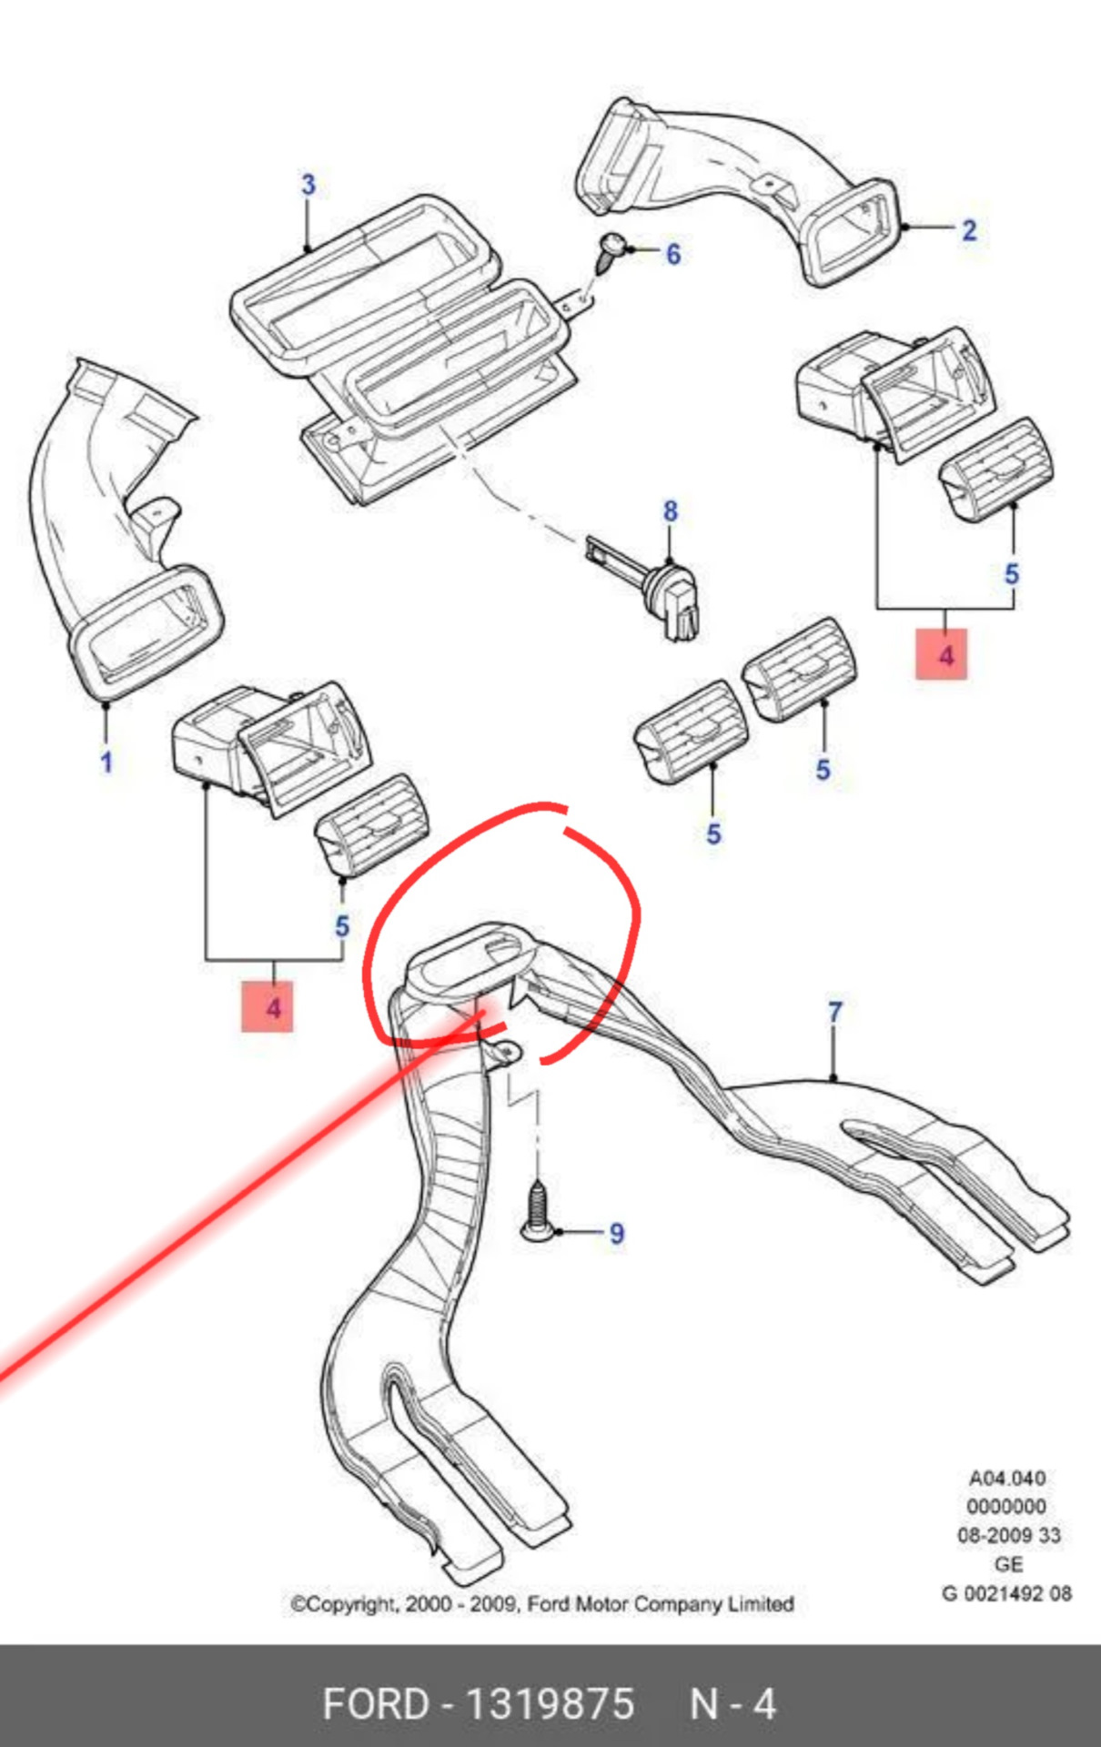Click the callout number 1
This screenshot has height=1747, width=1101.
[x=106, y=762]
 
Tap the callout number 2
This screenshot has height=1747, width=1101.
[x=969, y=230]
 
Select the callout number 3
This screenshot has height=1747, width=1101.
[x=308, y=185]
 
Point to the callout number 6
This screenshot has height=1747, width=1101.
[x=673, y=254]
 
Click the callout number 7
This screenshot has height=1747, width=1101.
[x=835, y=1012]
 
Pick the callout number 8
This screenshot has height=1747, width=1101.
[x=671, y=511]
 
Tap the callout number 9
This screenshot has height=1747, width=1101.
[x=617, y=1234]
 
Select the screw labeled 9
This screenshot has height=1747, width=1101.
[x=538, y=1211]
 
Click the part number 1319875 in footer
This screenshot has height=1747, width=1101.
[x=550, y=1704]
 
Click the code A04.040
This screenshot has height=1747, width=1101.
[x=1006, y=1479]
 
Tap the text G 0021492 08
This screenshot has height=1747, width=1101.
[x=1006, y=1593]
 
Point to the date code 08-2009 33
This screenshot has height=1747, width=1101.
[x=1008, y=1536]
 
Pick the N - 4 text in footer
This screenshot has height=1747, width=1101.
[x=733, y=1704]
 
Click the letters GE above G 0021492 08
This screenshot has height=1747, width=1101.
[x=1008, y=1564]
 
